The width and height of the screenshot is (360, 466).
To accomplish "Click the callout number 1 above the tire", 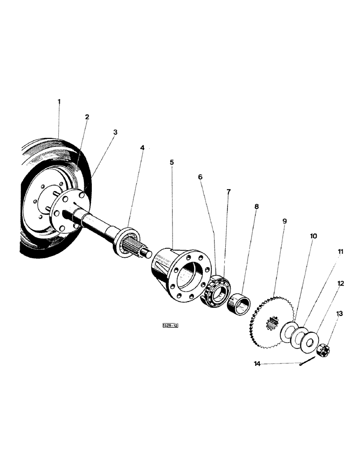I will click(59, 101).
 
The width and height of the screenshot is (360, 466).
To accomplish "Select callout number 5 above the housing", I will click(172, 162).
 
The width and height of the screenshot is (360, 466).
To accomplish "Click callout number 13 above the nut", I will click(339, 314).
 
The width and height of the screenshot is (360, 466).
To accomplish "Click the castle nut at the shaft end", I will click(323, 349).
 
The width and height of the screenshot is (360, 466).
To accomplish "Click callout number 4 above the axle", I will click(142, 148).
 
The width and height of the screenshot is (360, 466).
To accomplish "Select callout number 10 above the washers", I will click(313, 236).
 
